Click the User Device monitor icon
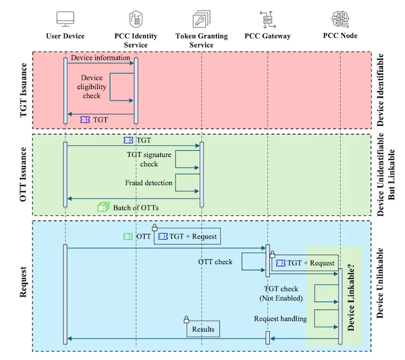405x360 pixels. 65,18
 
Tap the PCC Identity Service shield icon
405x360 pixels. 135,18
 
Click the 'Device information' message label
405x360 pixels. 100,58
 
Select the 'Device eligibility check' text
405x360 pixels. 92,87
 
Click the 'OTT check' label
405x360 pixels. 215,262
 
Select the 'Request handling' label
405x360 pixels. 280,319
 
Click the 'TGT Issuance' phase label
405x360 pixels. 24,90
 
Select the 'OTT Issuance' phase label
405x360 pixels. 24,174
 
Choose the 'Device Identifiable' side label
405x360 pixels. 381,90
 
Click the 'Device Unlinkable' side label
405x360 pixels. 381,283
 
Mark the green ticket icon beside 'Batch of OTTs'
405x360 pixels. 103,206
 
